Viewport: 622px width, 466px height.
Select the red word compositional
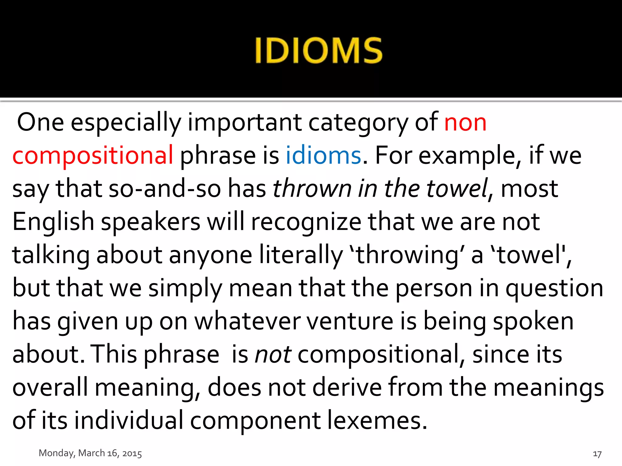(x=93, y=156)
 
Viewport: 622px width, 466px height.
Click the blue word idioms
(x=323, y=155)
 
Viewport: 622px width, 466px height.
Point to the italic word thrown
(x=312, y=189)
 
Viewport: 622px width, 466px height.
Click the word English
(x=53, y=222)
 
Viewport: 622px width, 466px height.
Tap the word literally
(x=301, y=255)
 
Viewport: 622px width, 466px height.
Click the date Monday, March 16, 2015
(x=90, y=453)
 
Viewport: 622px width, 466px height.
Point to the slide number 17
(x=597, y=454)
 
